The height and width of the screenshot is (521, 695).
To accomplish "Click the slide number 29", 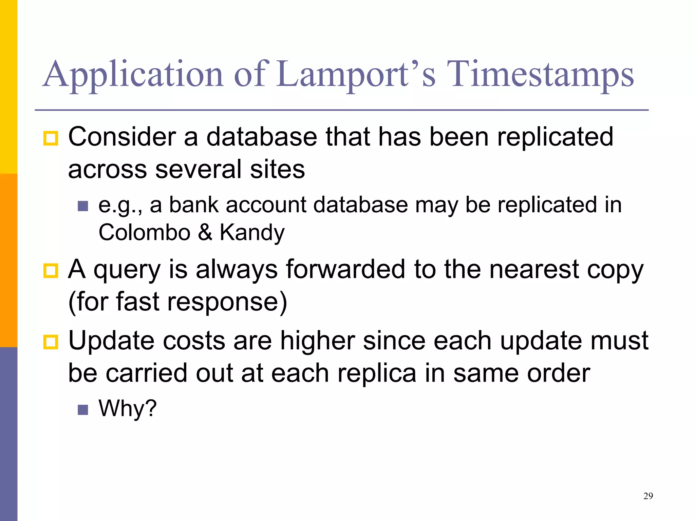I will coord(648,496).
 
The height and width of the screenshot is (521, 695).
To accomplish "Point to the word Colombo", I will coord(145,233).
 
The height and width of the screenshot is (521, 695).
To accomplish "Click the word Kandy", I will coord(252,233).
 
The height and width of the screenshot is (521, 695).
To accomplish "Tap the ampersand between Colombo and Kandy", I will coord(205,233).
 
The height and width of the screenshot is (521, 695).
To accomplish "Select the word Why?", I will coord(128,408).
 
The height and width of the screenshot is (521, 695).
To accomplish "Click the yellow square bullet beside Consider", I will coord(51,138).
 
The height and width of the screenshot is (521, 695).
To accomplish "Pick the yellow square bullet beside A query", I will coord(51,271).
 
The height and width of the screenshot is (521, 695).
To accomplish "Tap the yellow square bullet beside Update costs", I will coord(51,342).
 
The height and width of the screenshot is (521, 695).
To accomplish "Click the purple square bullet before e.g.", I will coord(83,206).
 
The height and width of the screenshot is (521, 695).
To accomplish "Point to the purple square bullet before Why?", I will coord(83,410).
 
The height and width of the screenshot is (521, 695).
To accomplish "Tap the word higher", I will coord(317,341).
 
